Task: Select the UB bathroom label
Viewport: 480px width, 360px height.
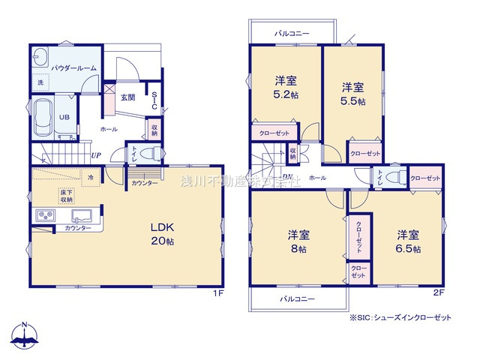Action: (64, 117)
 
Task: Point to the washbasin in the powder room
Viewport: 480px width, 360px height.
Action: (40, 58)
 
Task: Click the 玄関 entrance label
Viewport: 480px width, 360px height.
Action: (127, 97)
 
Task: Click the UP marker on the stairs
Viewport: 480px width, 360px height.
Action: (96, 155)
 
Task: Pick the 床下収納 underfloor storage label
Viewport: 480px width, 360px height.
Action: (67, 196)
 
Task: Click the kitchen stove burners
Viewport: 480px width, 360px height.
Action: (44, 216)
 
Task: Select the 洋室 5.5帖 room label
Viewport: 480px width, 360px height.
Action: (352, 94)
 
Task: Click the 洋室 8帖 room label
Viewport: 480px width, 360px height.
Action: (298, 242)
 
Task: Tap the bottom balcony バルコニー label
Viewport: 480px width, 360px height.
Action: (298, 298)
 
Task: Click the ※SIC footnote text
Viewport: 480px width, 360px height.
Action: (400, 317)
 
